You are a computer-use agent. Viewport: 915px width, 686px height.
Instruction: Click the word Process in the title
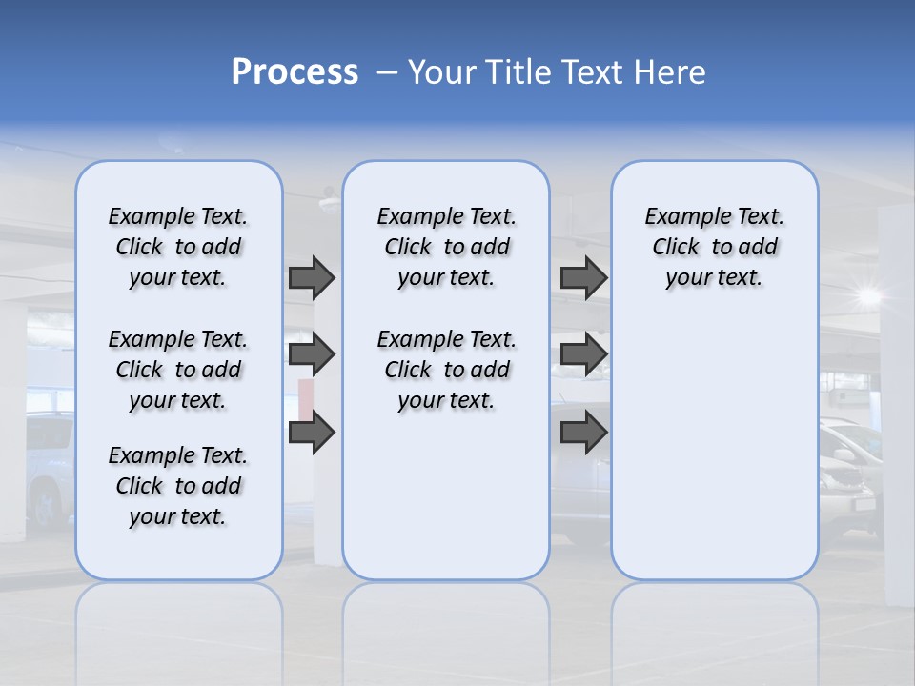click(295, 72)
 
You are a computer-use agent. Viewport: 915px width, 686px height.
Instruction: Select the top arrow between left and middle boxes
click(312, 277)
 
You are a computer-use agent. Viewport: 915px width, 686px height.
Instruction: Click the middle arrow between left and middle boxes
click(312, 354)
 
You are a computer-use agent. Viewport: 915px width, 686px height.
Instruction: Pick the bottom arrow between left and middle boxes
click(312, 433)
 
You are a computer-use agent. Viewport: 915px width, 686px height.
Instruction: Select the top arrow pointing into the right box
click(583, 277)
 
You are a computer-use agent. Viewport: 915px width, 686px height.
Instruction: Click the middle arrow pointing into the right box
click(583, 354)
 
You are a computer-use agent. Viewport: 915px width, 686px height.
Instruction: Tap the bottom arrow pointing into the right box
click(583, 433)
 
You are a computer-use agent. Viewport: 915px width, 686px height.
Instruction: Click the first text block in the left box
click(178, 247)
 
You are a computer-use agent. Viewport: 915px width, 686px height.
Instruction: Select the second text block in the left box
click(178, 370)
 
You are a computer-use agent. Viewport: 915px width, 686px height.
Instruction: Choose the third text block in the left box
click(178, 486)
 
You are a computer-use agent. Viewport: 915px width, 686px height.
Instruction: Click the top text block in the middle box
click(446, 247)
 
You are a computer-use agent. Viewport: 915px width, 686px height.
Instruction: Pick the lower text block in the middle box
click(446, 370)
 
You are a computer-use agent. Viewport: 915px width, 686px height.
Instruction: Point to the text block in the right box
click(714, 247)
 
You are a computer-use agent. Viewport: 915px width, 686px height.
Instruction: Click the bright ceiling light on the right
click(867, 295)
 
